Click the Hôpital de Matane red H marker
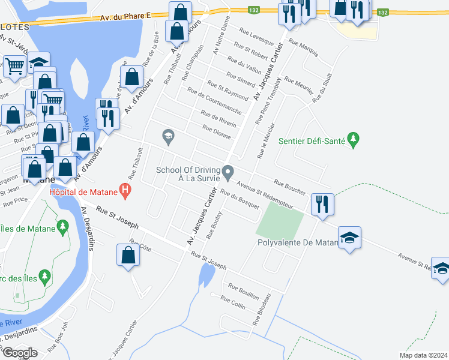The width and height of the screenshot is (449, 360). pos(125,192)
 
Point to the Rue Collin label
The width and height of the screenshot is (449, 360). pos(233,302)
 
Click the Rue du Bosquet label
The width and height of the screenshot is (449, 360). pos(240,199)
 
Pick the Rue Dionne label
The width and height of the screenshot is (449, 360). pos(217,132)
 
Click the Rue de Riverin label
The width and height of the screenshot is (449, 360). pos(218,119)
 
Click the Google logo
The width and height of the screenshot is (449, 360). pos(20,352)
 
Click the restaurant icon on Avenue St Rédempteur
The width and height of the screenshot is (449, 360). pos(323,204)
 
